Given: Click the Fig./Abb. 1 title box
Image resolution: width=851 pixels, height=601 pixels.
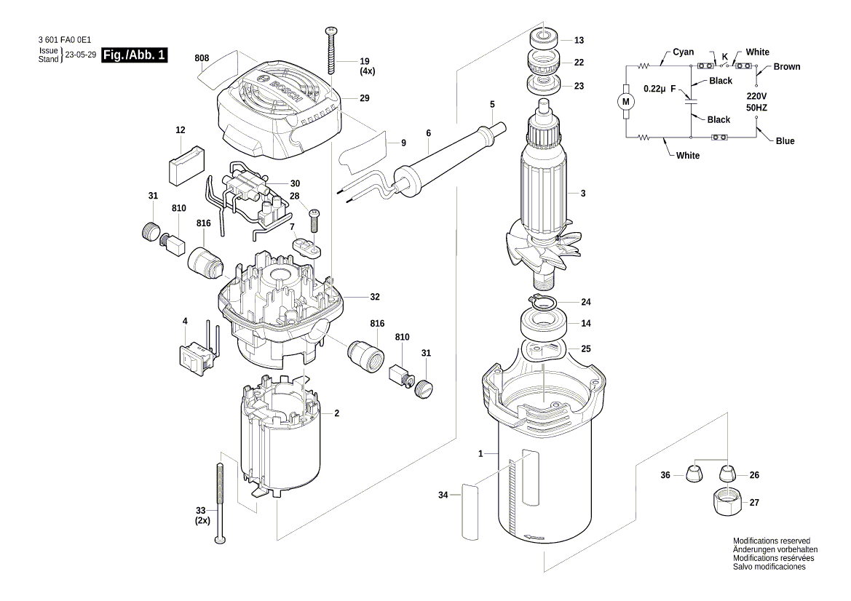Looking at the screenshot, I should click(135, 55).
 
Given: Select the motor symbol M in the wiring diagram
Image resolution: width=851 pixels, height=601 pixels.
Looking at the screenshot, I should click(625, 101).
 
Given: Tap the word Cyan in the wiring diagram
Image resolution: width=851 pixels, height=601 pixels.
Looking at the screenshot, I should click(683, 52).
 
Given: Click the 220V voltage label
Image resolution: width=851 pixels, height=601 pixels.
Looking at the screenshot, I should click(756, 96).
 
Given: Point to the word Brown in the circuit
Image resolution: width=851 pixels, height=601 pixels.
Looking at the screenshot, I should click(786, 67).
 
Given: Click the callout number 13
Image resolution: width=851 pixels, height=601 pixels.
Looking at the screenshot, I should click(579, 41).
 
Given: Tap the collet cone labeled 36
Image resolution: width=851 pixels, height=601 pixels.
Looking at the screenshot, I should click(694, 474).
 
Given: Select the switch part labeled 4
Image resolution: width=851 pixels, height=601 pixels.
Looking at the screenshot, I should click(195, 354).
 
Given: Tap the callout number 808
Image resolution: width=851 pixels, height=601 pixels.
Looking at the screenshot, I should click(202, 57).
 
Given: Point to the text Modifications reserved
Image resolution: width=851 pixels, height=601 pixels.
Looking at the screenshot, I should click(771, 541).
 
